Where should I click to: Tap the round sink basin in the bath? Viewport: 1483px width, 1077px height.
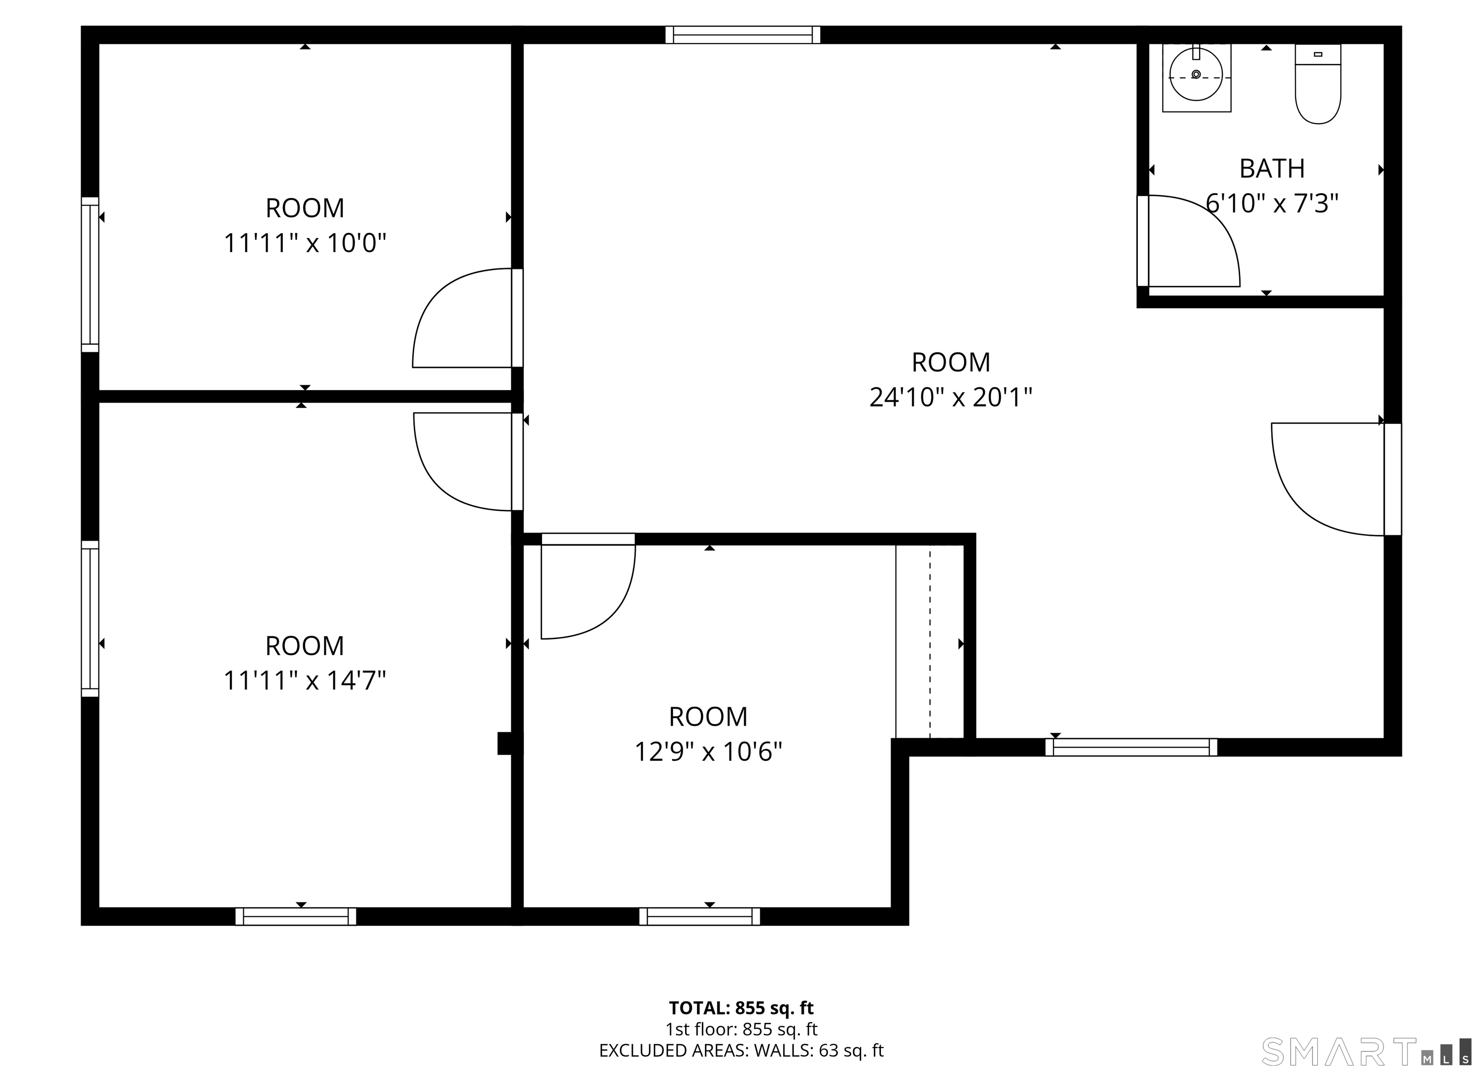tap(1196, 76)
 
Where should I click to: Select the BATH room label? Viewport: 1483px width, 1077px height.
tap(1272, 168)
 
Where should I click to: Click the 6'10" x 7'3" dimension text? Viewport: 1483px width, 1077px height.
tap(1272, 203)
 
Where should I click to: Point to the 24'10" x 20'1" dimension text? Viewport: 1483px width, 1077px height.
tap(950, 397)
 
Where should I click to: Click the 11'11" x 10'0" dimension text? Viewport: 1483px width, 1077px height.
tap(305, 243)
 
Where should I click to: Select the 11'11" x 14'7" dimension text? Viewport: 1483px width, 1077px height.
tap(305, 681)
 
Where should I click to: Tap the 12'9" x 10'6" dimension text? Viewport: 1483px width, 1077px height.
tap(708, 752)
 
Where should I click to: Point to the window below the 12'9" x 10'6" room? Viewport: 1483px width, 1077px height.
tap(699, 916)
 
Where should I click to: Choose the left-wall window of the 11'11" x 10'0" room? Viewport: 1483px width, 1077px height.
tap(90, 274)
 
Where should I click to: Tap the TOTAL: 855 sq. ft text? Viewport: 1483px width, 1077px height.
tap(741, 1007)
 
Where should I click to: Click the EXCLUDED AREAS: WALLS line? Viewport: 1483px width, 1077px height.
tap(741, 1050)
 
